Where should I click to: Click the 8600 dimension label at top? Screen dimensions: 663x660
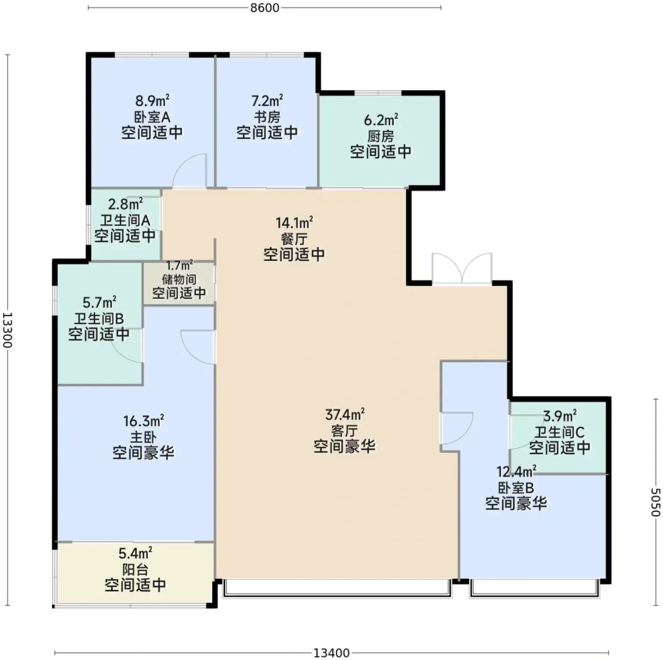click(265, 8)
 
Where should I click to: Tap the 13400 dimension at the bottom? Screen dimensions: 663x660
click(331, 653)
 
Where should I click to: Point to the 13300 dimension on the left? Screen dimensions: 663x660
click(7, 330)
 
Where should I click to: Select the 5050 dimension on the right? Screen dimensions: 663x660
click(656, 502)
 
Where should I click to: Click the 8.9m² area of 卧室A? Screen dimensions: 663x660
click(152, 101)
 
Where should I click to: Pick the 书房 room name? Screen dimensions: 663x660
click(267, 117)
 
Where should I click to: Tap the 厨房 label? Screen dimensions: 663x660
click(381, 136)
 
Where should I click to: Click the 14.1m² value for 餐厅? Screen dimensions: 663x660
click(294, 223)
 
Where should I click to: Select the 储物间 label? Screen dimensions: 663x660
click(179, 279)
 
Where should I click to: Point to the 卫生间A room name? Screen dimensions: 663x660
click(125, 220)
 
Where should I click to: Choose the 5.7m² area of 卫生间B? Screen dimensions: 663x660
click(99, 303)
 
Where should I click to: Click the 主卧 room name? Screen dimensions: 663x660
click(143, 437)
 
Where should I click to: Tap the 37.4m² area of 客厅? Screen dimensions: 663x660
click(345, 415)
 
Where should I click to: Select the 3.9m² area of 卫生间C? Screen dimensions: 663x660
click(560, 416)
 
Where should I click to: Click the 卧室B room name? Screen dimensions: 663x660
click(516, 488)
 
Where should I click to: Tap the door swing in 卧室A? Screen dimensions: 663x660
click(189, 171)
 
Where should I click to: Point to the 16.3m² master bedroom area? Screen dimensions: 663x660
click(143, 421)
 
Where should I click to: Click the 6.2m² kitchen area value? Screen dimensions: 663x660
click(381, 120)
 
